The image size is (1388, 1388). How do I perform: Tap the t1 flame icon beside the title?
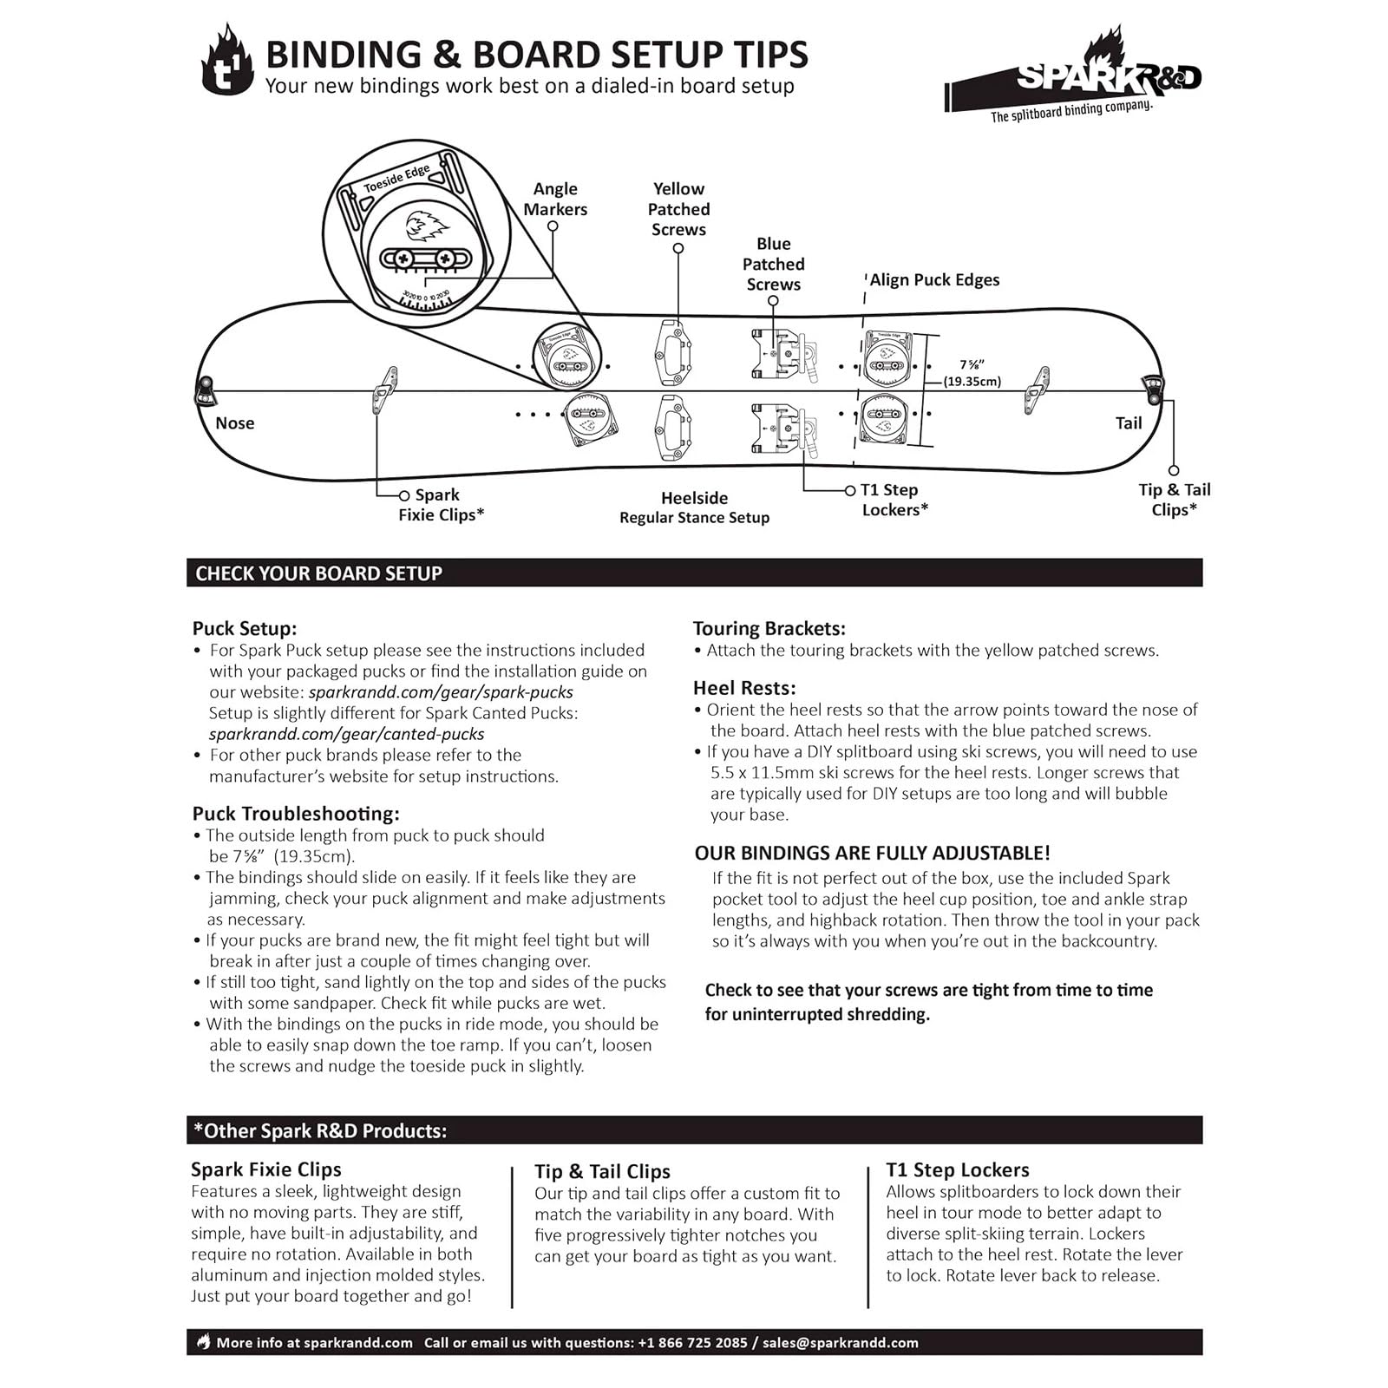(x=227, y=61)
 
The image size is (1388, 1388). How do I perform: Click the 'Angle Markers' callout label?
(x=555, y=199)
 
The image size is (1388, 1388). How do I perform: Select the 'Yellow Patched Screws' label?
(x=678, y=209)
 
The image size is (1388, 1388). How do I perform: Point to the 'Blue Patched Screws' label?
(x=773, y=264)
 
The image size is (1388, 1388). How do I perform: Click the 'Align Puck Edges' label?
(x=934, y=279)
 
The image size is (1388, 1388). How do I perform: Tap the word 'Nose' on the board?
(x=235, y=423)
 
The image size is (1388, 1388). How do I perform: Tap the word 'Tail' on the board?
(x=1128, y=423)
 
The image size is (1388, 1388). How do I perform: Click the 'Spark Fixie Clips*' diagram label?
(x=441, y=504)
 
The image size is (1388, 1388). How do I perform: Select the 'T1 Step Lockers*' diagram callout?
(x=894, y=500)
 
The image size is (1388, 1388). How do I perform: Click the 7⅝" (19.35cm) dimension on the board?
(x=972, y=373)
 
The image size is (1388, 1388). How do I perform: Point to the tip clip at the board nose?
(x=206, y=391)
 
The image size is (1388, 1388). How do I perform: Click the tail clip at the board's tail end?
(x=1153, y=390)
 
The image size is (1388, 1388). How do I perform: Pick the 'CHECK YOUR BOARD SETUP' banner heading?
(x=318, y=573)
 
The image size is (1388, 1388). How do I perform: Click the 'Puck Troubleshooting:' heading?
(x=296, y=814)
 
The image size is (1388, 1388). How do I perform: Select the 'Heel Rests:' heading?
(x=744, y=688)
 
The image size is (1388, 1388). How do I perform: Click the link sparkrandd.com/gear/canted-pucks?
(x=347, y=734)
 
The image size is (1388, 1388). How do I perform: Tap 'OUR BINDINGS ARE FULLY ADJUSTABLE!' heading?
(x=872, y=853)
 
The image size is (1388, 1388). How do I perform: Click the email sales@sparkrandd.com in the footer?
(x=840, y=1343)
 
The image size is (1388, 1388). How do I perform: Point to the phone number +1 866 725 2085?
(x=692, y=1343)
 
